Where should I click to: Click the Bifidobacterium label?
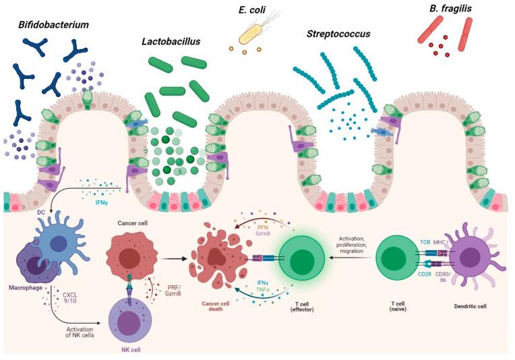(x=54, y=25)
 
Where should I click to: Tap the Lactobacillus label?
(x=171, y=41)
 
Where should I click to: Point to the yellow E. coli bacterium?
(x=251, y=32)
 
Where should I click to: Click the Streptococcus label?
(x=338, y=34)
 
